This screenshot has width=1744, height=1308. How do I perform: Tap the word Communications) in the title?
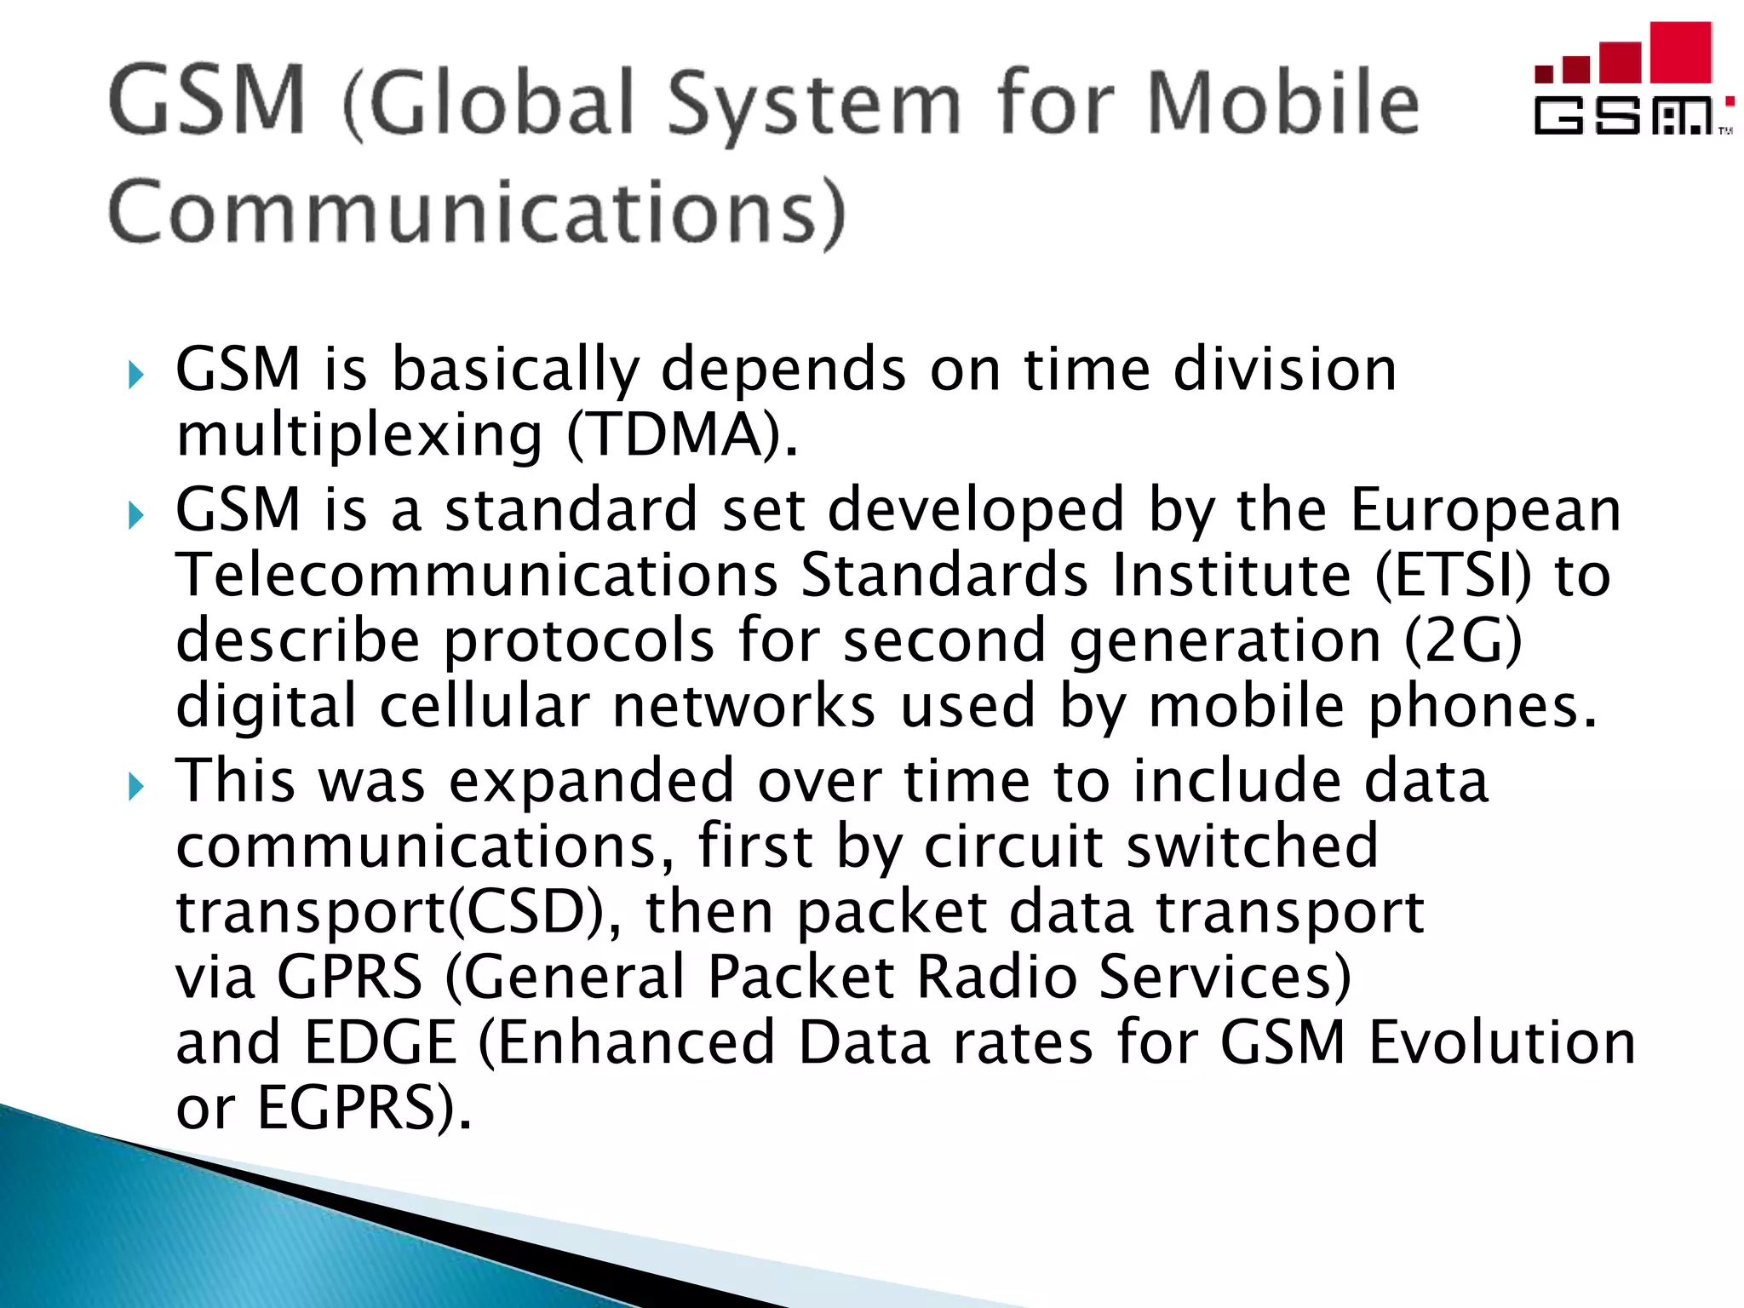[x=477, y=213]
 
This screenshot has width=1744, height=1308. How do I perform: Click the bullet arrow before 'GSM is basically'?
[x=136, y=374]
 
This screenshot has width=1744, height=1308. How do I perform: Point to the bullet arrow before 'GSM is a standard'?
[x=136, y=514]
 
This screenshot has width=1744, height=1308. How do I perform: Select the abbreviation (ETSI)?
[x=1453, y=576]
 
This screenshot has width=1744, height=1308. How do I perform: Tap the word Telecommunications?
[x=477, y=575]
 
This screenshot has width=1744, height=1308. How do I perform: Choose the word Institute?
[x=1231, y=575]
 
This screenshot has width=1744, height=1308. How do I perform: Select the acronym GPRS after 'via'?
[x=349, y=977]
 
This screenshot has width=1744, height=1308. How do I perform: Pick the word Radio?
[x=996, y=977]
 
